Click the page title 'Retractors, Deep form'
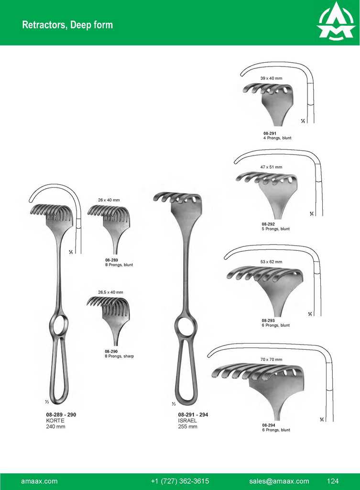pyautogui.click(x=67, y=25)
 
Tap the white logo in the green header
pyautogui.click(x=336, y=22)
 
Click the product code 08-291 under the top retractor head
pyautogui.click(x=270, y=134)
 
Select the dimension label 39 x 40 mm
pyautogui.click(x=271, y=78)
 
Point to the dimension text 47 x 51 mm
pyautogui.click(x=271, y=167)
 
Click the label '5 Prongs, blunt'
pyautogui.click(x=275, y=229)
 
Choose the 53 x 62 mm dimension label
pyautogui.click(x=271, y=262)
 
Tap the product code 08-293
pyautogui.click(x=269, y=321)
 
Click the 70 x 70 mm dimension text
pyautogui.click(x=271, y=359)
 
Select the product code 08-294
pyautogui.click(x=269, y=425)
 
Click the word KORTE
pyautogui.click(x=55, y=421)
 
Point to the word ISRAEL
pyautogui.click(x=187, y=421)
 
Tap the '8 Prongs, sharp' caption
pyautogui.click(x=120, y=356)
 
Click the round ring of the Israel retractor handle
pyautogui.click(x=185, y=327)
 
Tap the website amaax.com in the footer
pyautogui.click(x=40, y=481)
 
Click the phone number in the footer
pyautogui.click(x=180, y=481)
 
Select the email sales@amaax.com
pyautogui.click(x=279, y=481)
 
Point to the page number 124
pyautogui.click(x=333, y=481)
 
